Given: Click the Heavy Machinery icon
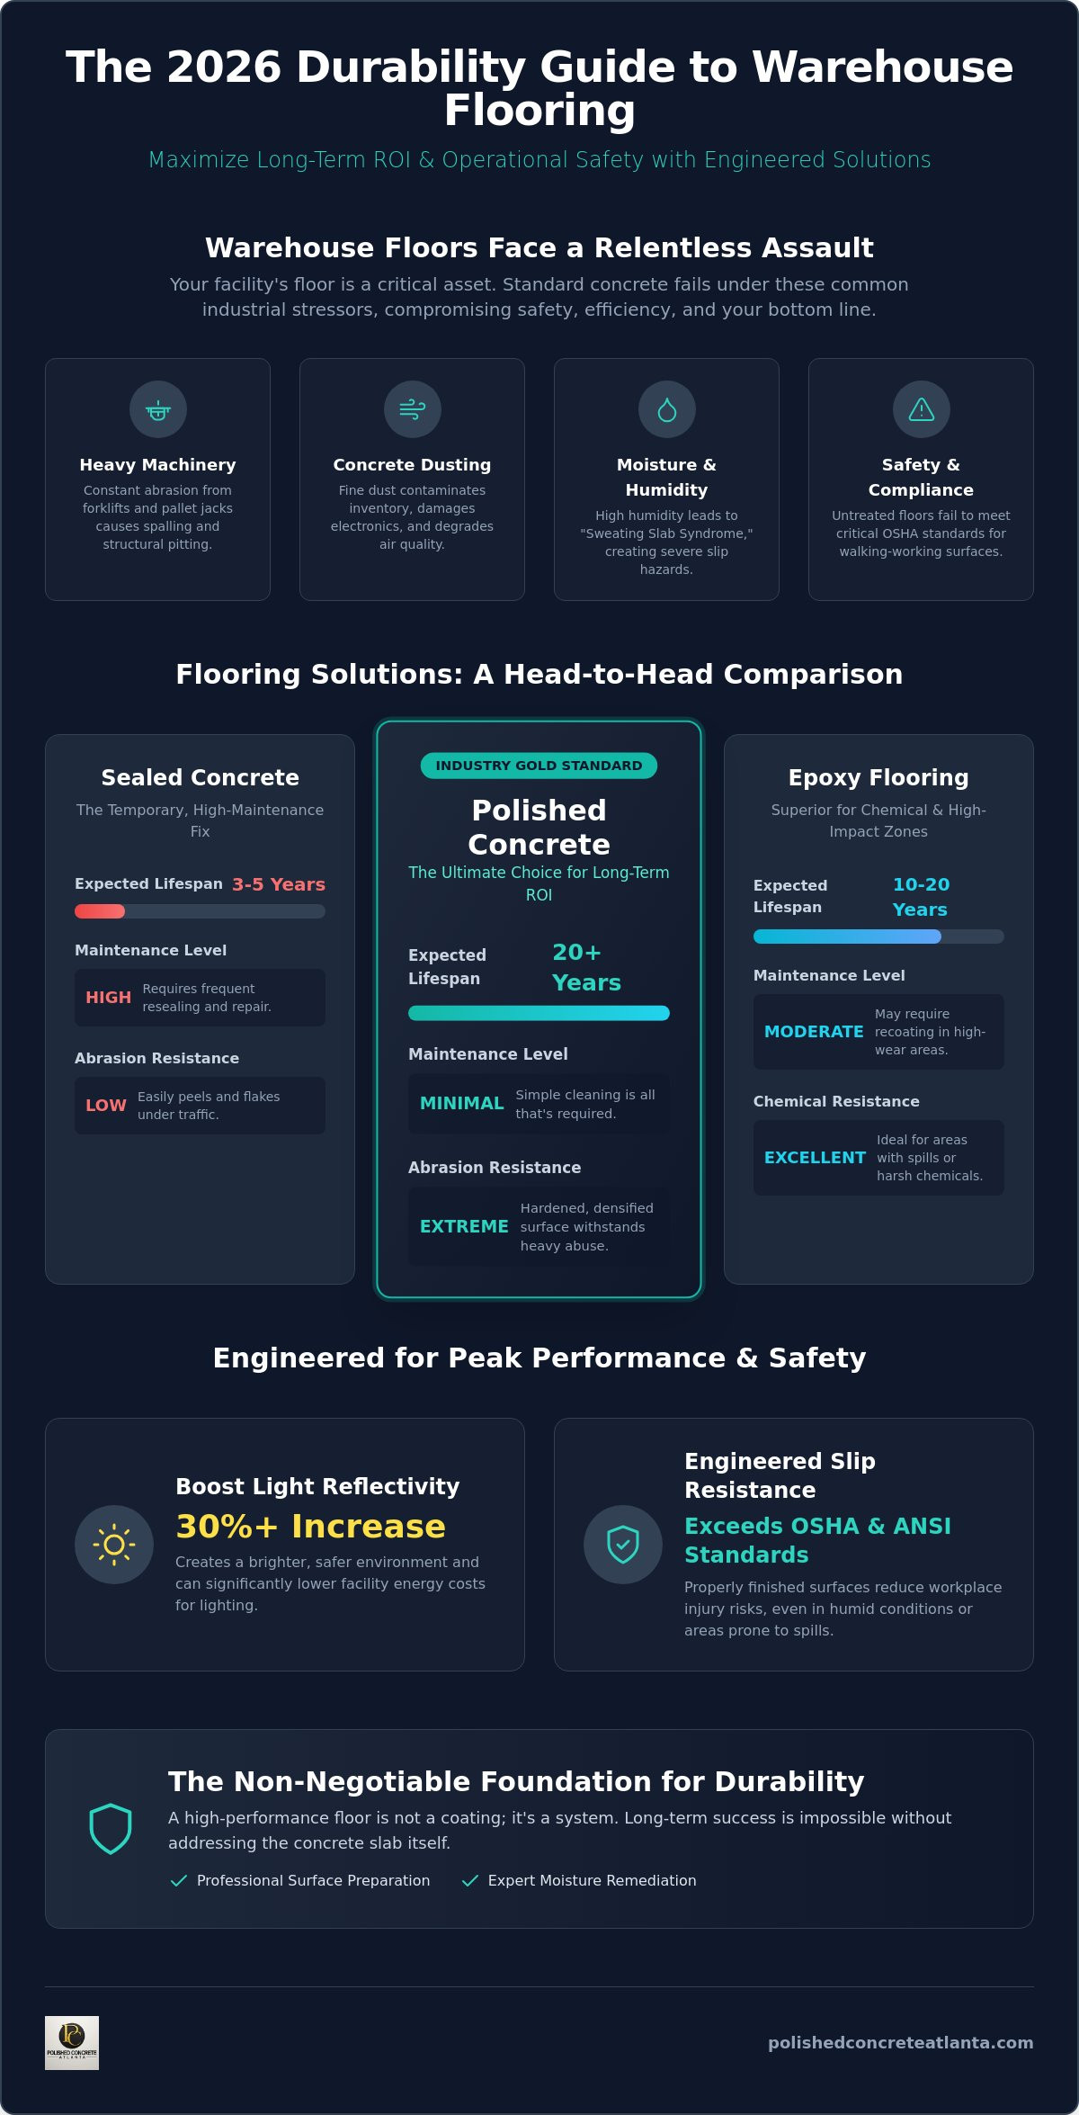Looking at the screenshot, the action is [158, 410].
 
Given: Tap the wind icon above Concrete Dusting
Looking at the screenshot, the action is [412, 409].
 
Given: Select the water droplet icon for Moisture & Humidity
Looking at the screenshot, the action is [666, 410].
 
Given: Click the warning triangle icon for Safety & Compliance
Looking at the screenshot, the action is [921, 409].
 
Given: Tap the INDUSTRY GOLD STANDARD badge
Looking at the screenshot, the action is [539, 766].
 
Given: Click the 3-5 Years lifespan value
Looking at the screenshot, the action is [279, 884].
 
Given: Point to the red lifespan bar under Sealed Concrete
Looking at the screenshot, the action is [100, 911].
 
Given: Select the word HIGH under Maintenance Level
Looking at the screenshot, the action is [108, 998].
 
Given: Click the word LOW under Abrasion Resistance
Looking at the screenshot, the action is [106, 1106].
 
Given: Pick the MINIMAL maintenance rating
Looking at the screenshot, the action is [461, 1104].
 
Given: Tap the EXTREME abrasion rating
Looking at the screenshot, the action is [464, 1227].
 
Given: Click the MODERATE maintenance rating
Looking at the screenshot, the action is [814, 1032].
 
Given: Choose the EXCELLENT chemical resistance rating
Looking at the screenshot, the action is [815, 1158].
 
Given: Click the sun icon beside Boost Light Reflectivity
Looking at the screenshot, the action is [114, 1545].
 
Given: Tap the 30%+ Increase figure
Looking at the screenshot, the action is [311, 1527].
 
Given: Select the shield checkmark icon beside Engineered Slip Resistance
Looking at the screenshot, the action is [623, 1545].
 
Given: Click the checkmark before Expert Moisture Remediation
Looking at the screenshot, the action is [469, 1881].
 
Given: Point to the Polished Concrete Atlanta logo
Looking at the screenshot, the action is [72, 2043].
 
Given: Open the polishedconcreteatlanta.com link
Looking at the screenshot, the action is [900, 2043].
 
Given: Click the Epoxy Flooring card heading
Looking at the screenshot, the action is [878, 778].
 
